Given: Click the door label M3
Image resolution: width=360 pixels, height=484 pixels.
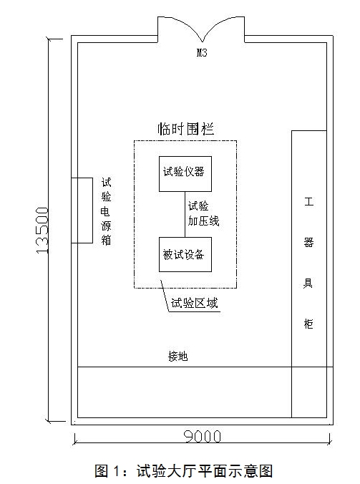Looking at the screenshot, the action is [202, 53].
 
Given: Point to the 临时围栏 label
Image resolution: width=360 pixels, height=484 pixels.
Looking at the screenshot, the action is [185, 129].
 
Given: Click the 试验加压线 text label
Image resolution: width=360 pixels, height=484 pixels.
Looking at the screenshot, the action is [203, 213].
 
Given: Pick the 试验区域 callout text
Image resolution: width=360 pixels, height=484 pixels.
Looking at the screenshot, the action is [195, 303].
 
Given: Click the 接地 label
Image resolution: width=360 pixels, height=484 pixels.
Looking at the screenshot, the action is [178, 356].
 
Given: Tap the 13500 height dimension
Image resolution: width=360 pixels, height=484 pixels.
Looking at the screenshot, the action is [42, 231].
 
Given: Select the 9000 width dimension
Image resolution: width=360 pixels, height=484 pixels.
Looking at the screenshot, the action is [203, 437].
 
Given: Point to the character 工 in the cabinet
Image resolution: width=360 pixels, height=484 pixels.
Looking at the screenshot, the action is [308, 202].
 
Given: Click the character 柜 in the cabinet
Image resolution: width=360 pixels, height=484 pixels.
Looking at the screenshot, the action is [308, 323].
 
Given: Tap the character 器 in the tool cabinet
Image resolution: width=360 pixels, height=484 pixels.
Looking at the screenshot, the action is [308, 242].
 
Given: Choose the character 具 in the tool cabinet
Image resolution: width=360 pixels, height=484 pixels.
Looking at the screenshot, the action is [308, 283].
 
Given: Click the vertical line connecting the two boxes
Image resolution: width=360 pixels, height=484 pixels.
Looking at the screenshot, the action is [185, 215].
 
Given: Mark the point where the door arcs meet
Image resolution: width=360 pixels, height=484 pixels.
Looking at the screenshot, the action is [202, 42].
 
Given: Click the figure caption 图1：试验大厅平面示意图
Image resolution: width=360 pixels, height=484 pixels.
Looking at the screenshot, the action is [184, 470].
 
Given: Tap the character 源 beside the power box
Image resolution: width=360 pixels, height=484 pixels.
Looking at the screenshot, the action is [106, 226].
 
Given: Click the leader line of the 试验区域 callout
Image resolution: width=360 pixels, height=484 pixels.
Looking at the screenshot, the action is [165, 296].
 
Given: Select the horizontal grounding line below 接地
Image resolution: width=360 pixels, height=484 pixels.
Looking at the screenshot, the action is [205, 367].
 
